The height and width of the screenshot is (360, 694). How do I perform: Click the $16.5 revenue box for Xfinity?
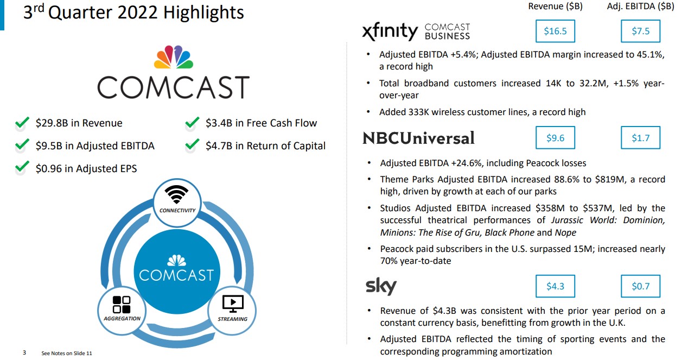point(555,31)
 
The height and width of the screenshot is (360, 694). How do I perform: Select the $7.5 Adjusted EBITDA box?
point(640,31)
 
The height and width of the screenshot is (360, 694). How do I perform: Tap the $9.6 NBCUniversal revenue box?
point(555,138)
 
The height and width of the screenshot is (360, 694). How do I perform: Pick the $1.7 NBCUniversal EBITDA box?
point(640,138)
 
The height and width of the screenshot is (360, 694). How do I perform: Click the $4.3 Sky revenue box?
point(555,286)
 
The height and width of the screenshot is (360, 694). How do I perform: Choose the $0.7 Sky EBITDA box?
point(640,286)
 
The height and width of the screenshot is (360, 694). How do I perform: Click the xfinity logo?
point(390,31)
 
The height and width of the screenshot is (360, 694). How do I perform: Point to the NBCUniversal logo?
point(418,138)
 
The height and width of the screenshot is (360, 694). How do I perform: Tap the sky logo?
point(381,286)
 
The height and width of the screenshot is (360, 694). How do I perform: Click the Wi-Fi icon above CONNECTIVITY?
point(176,194)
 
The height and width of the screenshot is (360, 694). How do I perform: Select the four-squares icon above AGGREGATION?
point(122,305)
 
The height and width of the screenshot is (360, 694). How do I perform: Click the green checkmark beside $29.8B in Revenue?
point(22,123)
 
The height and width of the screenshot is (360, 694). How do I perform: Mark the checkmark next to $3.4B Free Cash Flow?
point(192,123)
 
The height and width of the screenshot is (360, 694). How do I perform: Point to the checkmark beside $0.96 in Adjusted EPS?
point(22,167)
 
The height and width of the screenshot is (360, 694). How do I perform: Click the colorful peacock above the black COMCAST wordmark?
point(174,57)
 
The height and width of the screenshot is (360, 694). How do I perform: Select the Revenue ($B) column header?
point(555,6)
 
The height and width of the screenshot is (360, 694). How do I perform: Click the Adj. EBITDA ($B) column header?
point(640,6)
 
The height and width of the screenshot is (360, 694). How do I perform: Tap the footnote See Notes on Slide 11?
point(67,353)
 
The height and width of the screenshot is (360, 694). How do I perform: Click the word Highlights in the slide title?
point(203,12)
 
